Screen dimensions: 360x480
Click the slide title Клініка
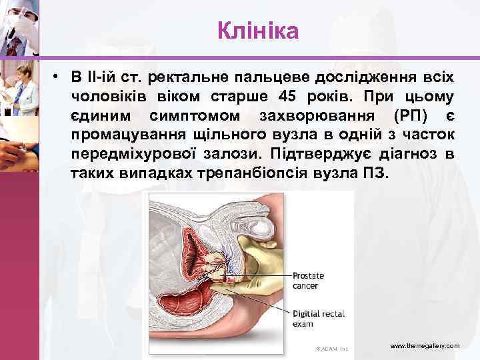click(x=258, y=31)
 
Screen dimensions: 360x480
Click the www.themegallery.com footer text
click(x=425, y=346)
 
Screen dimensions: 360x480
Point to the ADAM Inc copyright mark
click(x=331, y=349)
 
